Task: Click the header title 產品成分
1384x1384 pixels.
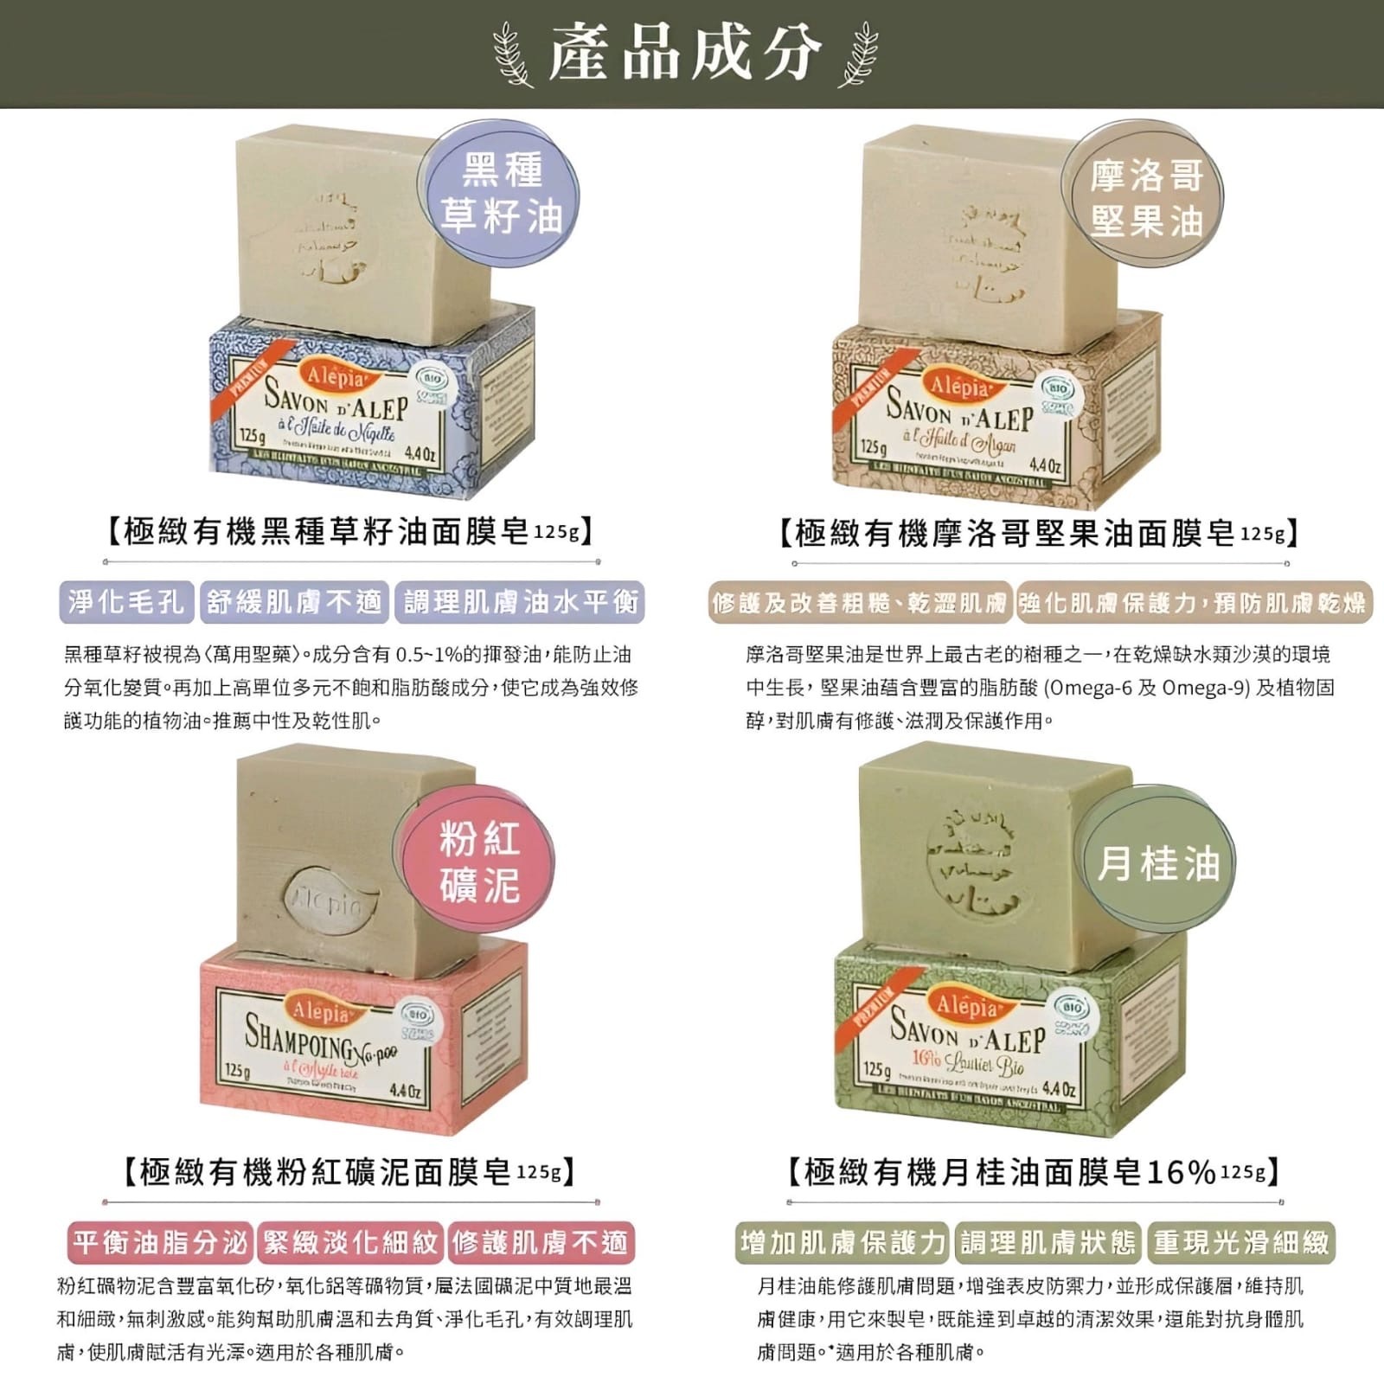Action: point(683,54)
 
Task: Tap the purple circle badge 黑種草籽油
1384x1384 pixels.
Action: point(501,192)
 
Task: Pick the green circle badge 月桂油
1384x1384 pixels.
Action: point(1158,863)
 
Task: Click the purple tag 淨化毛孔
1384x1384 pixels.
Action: point(126,602)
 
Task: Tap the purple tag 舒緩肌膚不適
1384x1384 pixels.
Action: point(294,602)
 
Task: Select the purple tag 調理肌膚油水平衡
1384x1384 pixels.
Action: point(519,602)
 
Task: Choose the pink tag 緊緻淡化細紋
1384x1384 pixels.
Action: point(350,1243)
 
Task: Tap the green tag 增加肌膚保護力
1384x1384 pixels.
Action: point(843,1243)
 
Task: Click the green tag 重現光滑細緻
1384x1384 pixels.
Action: point(1240,1243)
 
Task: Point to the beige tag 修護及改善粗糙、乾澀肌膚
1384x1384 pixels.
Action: point(859,603)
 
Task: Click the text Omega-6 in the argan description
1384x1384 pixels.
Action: point(1091,688)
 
